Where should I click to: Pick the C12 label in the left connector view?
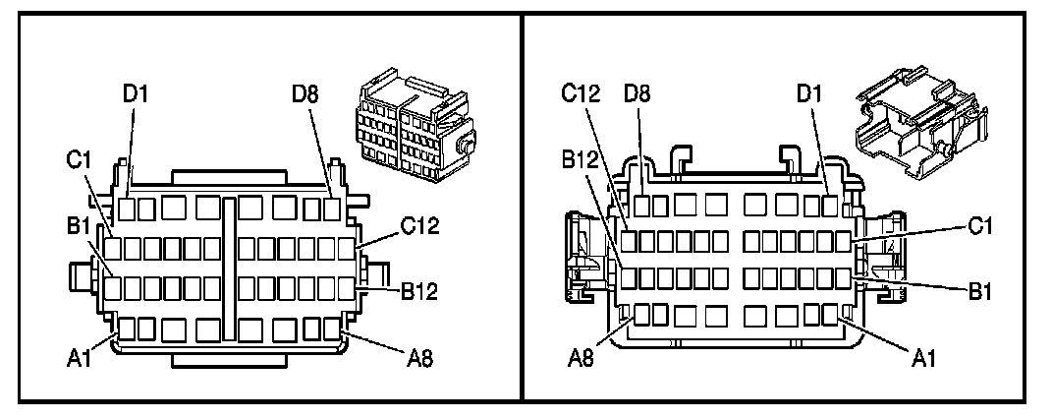tap(419, 226)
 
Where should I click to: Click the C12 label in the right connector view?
tap(581, 94)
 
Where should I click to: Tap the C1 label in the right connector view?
tap(982, 227)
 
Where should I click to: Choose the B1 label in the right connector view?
tap(982, 291)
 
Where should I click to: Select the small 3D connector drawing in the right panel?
tap(915, 120)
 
